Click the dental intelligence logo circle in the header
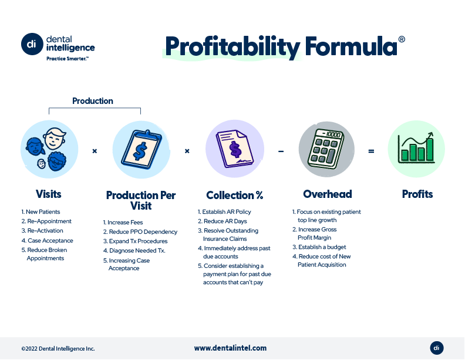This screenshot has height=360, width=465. (x=32, y=44)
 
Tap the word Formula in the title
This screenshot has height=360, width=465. (x=351, y=46)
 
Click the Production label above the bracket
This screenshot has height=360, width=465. (x=93, y=101)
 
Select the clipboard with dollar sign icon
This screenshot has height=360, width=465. (x=141, y=149)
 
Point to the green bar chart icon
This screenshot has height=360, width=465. (x=416, y=148)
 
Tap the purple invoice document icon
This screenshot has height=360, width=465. (x=235, y=149)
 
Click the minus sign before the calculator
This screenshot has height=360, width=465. (x=281, y=152)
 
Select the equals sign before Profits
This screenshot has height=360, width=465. (x=371, y=152)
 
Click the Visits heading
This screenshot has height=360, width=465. (x=48, y=194)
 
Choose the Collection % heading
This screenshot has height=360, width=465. (x=235, y=195)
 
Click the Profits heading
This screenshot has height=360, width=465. (x=417, y=194)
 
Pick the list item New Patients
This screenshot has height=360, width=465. (x=41, y=212)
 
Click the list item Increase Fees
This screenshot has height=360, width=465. (x=123, y=223)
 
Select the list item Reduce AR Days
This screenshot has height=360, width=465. (x=223, y=221)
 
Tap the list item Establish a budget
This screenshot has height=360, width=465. (x=319, y=247)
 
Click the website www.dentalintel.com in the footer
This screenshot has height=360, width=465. (x=230, y=348)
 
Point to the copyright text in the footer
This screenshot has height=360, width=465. (x=58, y=349)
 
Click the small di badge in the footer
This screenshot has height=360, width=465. (x=437, y=348)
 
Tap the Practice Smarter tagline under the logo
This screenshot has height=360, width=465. (x=68, y=59)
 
